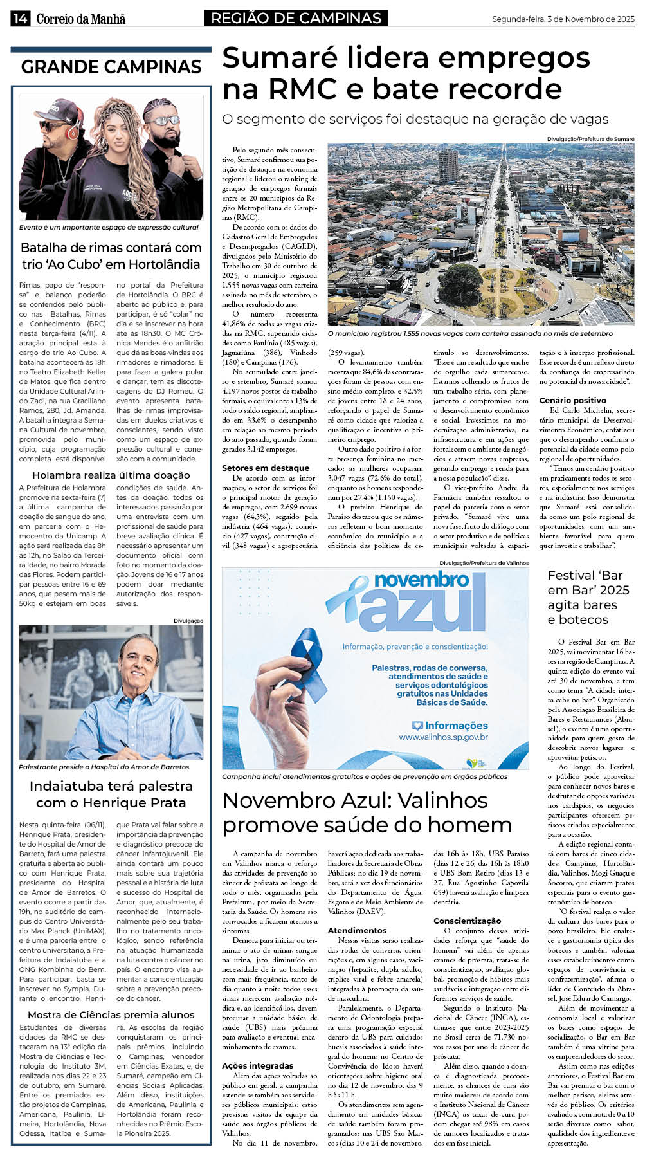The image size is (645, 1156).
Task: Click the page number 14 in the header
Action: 19,19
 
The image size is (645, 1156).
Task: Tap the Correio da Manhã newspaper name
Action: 80,19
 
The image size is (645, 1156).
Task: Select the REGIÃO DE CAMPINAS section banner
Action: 296,19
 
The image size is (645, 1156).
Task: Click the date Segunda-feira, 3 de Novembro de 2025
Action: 563,19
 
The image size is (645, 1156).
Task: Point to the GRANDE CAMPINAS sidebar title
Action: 111,67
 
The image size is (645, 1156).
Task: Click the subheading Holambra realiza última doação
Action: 111,475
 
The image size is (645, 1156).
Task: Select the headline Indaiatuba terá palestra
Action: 111,786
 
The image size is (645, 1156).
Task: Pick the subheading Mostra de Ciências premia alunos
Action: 111,1014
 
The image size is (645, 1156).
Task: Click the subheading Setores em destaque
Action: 266,468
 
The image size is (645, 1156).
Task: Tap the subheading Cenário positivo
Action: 573,400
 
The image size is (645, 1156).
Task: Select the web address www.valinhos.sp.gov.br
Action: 443,737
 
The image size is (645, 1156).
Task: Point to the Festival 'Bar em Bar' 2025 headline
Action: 588,598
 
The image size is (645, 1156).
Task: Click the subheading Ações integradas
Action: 257,1065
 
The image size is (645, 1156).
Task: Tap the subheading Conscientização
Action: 467,921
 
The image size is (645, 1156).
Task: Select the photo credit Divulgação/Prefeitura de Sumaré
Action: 590,139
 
